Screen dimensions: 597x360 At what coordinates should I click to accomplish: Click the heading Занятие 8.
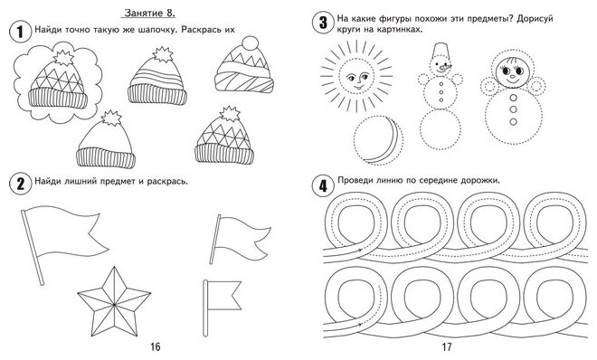(149, 13)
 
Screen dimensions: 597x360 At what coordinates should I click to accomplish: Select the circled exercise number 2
(20, 185)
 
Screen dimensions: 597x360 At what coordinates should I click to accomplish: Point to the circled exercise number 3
(323, 23)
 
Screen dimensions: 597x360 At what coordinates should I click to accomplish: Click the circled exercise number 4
(323, 186)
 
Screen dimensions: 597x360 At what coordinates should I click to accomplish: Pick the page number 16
(156, 346)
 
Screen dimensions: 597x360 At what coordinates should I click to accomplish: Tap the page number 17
(447, 346)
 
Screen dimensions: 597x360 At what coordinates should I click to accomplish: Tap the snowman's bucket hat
(441, 49)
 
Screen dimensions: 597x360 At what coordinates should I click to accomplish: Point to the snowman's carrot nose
(444, 68)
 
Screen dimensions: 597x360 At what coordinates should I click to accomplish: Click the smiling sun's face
(355, 77)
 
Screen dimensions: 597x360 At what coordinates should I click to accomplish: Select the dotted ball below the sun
(378, 140)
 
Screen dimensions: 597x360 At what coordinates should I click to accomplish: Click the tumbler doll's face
(511, 72)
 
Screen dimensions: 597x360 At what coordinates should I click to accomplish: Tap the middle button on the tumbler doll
(513, 109)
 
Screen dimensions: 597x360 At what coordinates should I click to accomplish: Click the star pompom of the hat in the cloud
(63, 58)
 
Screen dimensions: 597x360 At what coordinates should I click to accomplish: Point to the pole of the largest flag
(33, 247)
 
